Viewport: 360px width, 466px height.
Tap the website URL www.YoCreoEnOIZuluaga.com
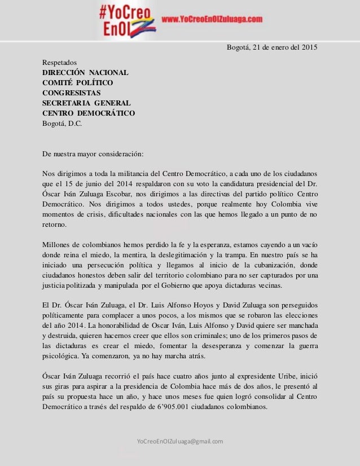pos(212,19)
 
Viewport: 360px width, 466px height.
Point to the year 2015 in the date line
pos(308,46)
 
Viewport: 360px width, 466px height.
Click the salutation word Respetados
pos(60,63)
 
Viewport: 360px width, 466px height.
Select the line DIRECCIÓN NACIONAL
pos(86,73)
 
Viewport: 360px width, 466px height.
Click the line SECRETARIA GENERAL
pos(87,103)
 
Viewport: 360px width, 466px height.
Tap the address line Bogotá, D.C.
pos(62,124)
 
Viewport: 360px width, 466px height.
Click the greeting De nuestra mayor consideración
pos(93,153)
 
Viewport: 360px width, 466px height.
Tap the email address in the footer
pos(180,441)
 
